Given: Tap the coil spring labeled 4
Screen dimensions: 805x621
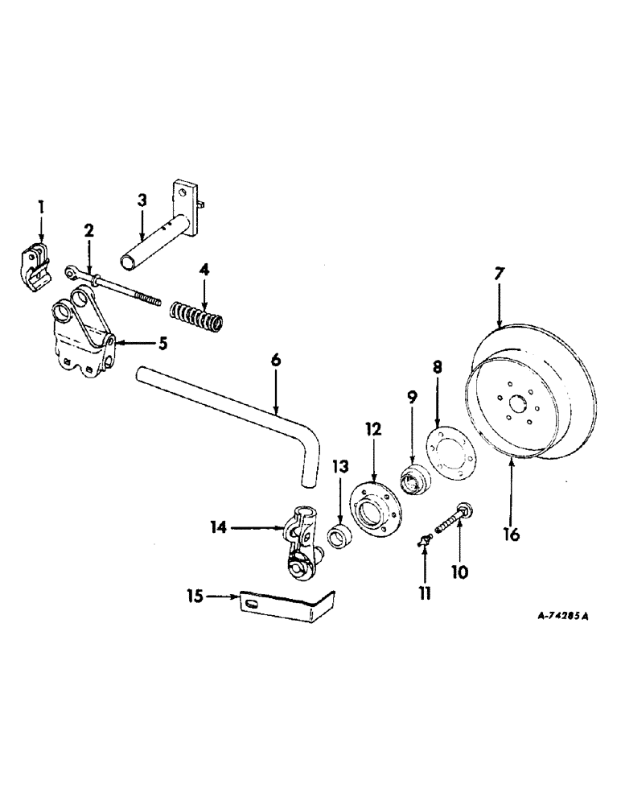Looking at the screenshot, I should point(198,311).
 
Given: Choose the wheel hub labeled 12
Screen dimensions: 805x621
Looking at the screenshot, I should point(374,509).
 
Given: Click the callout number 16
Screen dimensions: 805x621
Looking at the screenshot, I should point(512,533).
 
